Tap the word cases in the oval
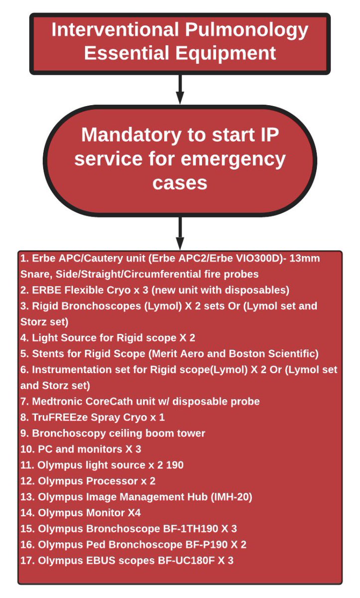coord(180,182)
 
